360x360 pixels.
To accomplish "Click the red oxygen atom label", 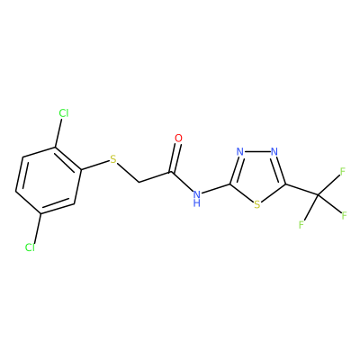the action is [x=178, y=139].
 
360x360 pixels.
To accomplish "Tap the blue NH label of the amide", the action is [x=197, y=198].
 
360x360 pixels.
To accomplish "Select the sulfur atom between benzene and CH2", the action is [x=113, y=159].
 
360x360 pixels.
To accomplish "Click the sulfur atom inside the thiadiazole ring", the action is [x=256, y=204].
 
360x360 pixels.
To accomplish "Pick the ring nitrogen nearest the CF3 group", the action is [x=274, y=151].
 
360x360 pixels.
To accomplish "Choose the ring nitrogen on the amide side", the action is [x=239, y=151].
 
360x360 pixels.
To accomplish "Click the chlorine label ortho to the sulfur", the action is [x=64, y=113].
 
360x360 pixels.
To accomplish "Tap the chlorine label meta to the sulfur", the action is [x=30, y=247].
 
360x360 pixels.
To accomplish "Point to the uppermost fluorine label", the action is [x=343, y=171].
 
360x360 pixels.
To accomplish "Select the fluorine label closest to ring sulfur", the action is [x=301, y=225].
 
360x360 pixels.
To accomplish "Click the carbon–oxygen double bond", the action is [x=175, y=158].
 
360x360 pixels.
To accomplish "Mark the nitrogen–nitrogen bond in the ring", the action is [x=256, y=151].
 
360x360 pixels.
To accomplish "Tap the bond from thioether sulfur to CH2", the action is [x=128, y=173].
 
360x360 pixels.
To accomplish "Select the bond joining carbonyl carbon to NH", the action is [x=182, y=182].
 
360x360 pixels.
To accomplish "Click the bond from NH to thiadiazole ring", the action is [x=216, y=188].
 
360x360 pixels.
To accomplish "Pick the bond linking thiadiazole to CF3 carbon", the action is [x=301, y=190].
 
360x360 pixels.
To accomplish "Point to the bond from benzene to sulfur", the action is [x=94, y=166].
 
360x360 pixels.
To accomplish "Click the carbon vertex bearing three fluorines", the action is [x=319, y=196].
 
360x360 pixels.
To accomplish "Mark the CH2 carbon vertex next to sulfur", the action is [x=139, y=183].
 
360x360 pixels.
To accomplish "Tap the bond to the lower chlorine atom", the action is [x=38, y=228].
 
